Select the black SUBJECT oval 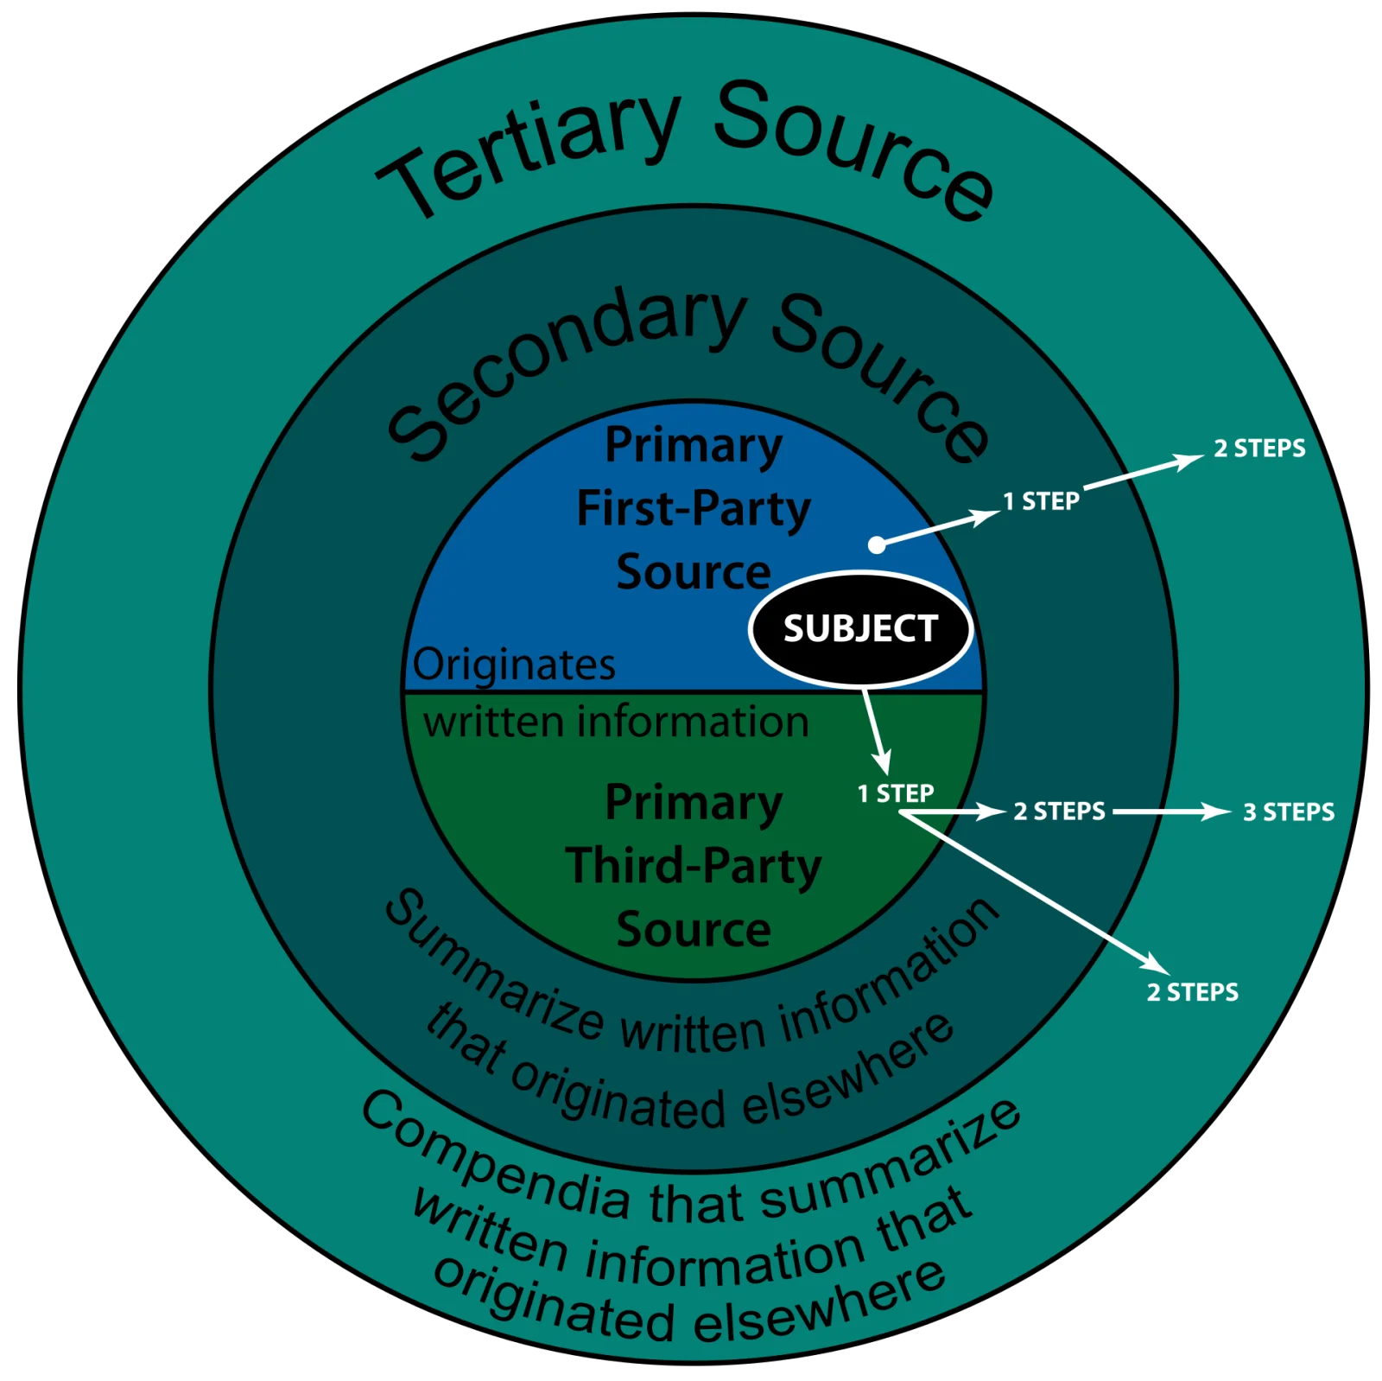pos(860,629)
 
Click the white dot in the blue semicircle pos(877,544)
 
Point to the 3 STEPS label pos(1289,812)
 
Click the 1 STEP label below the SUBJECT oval pos(896,793)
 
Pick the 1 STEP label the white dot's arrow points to pos(1041,501)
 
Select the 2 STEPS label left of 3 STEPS pos(1059,811)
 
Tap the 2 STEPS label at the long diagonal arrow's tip pos(1192,992)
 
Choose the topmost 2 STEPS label pos(1259,449)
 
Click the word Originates pos(514,665)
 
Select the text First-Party pos(694,509)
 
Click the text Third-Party pos(694,867)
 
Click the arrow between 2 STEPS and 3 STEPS pos(1172,811)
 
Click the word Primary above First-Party pos(694,447)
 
